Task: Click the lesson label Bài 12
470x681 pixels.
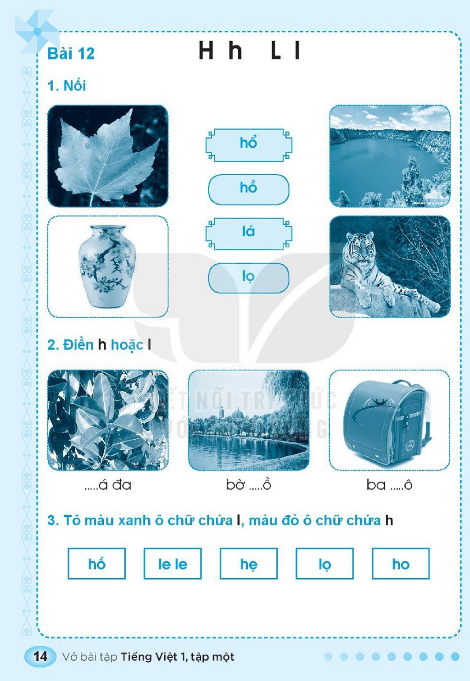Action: tap(71, 54)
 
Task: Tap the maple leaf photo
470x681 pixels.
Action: tap(108, 156)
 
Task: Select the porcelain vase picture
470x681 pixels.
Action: tap(108, 266)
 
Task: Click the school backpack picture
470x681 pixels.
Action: tap(389, 420)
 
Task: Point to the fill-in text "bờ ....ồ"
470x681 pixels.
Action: tap(248, 485)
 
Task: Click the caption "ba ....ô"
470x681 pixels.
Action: tap(389, 485)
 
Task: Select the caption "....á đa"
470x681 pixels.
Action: tap(108, 485)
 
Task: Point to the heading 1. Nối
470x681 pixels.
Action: tap(67, 86)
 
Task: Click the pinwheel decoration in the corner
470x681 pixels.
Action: tap(37, 31)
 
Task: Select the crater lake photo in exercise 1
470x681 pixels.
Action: tap(390, 156)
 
